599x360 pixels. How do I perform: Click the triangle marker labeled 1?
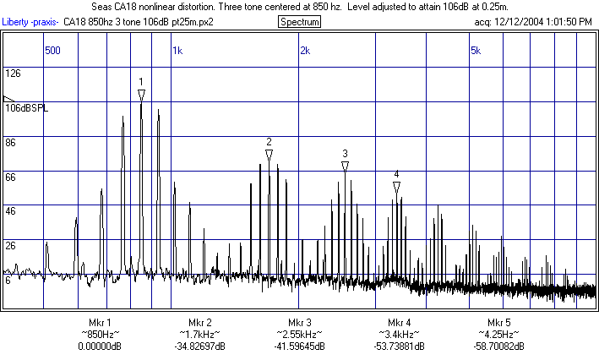tap(141, 95)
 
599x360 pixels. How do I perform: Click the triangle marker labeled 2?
tap(269, 155)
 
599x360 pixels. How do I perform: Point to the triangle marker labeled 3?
tap(345, 166)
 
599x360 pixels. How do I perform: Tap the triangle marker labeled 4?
tap(396, 188)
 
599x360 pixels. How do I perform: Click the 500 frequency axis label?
tap(52, 51)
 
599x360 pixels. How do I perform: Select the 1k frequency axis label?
tap(177, 51)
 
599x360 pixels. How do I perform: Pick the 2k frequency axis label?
tap(305, 51)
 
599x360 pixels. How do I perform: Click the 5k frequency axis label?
tap(475, 51)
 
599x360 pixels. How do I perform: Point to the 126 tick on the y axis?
tap(13, 74)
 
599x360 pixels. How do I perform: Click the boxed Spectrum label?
tap(299, 22)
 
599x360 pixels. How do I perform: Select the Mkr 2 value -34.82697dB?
tap(199, 346)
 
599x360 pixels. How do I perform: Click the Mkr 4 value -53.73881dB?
tap(400, 346)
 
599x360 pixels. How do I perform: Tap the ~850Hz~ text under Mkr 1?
tap(100, 335)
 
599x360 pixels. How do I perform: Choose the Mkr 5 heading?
tap(498, 324)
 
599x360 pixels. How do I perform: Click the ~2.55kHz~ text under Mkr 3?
tap(300, 335)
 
